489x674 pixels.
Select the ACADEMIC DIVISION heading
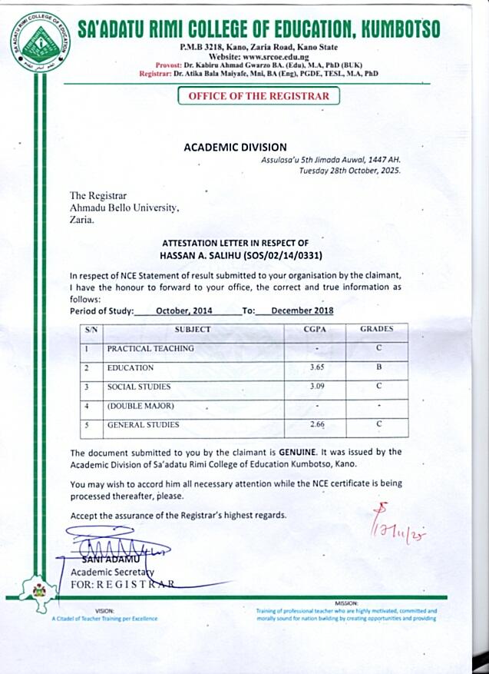tap(235, 147)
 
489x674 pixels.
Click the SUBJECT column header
tap(193, 329)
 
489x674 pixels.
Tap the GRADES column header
tap(376, 329)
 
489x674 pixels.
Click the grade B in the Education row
tap(378, 367)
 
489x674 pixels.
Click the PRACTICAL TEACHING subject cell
tap(150, 348)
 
